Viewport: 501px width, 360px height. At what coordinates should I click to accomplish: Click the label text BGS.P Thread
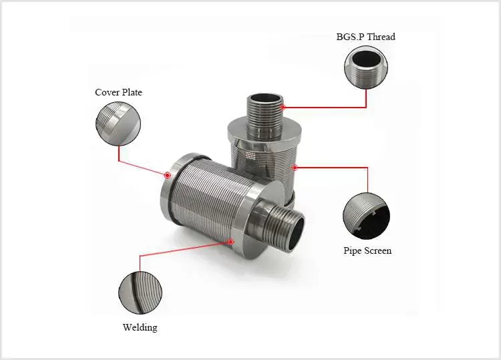click(x=365, y=37)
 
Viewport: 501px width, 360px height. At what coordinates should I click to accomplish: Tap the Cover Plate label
click(x=118, y=92)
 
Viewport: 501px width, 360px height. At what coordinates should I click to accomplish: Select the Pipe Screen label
click(x=367, y=251)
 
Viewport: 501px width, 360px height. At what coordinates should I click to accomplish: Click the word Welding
click(x=140, y=327)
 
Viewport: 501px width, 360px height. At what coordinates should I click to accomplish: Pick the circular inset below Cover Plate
click(x=118, y=122)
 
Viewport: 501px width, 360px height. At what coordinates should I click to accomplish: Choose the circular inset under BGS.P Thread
click(x=365, y=69)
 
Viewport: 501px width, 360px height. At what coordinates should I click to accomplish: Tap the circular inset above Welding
click(x=140, y=291)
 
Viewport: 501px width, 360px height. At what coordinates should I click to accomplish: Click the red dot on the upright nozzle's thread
click(x=283, y=106)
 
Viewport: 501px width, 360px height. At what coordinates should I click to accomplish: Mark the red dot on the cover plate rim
click(x=167, y=175)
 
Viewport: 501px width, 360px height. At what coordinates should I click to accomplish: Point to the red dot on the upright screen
click(x=293, y=168)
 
